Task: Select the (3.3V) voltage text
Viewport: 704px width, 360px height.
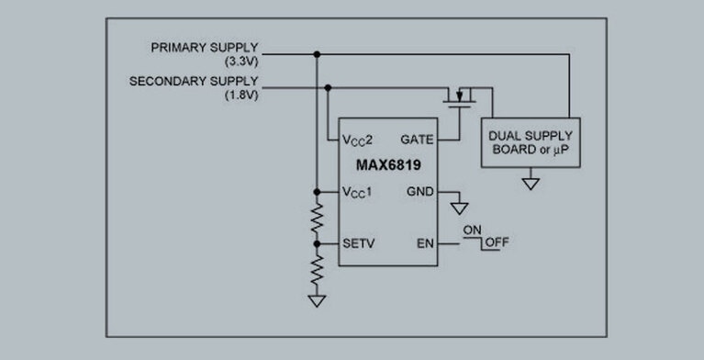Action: coord(240,61)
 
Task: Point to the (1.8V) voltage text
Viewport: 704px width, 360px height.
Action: coord(240,96)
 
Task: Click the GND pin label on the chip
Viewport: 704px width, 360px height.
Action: coord(418,192)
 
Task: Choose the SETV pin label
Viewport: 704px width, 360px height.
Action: coord(358,243)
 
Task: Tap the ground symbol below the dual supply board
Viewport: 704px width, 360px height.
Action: coord(530,183)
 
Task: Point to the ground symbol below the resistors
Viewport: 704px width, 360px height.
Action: coord(317,299)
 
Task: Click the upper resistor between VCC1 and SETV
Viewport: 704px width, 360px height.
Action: coord(317,218)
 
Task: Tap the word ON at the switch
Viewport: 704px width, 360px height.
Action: coord(473,229)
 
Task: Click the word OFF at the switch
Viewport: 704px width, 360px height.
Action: coord(498,243)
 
